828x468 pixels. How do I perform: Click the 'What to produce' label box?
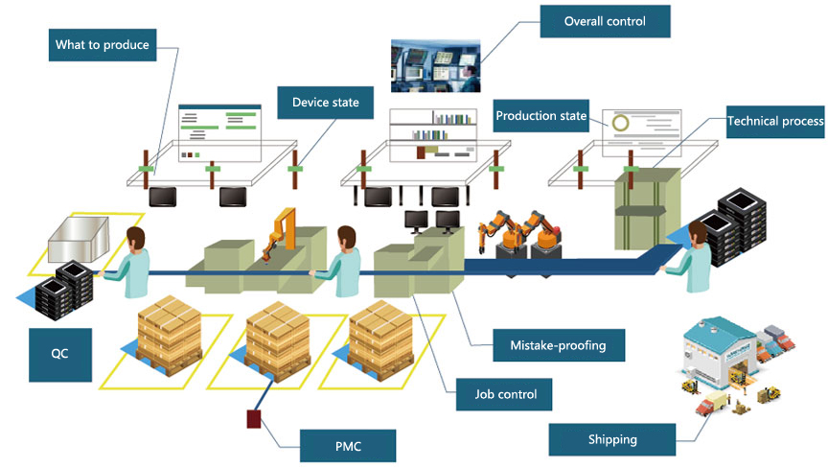102,45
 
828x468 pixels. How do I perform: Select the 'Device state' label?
325,103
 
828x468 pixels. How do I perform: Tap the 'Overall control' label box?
604,21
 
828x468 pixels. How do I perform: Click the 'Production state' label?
540,116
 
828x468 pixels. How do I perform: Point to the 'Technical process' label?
776,122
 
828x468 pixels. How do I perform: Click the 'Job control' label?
505,393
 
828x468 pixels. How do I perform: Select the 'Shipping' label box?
611,440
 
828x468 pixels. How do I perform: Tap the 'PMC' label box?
347,445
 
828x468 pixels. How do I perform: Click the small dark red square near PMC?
255,418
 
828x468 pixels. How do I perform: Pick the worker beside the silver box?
133,263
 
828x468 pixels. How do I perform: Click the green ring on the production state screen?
622,124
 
